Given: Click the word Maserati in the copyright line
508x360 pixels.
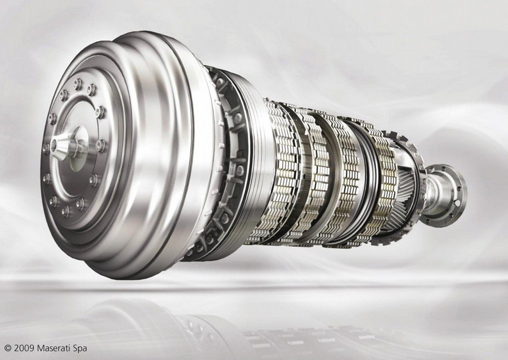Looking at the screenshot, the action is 57,348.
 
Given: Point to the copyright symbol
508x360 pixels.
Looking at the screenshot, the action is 8,349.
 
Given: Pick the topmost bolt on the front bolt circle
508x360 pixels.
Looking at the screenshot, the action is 78,84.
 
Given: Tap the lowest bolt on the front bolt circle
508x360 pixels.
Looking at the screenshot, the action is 65,211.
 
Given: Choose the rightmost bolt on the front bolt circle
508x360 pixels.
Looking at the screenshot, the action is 101,145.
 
